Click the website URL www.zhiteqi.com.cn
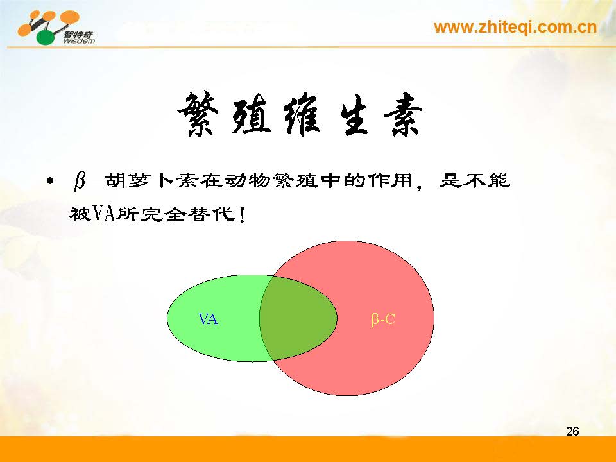(x=515, y=28)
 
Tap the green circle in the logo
(x=46, y=37)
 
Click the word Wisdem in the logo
(x=78, y=40)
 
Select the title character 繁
(x=199, y=114)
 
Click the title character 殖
(x=252, y=114)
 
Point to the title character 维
(x=302, y=114)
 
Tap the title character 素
(x=403, y=114)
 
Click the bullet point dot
(x=49, y=181)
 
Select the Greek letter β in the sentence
(x=80, y=181)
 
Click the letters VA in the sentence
(x=104, y=214)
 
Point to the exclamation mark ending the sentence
(x=242, y=215)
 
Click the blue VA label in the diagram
(x=208, y=319)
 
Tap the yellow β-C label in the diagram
(x=383, y=319)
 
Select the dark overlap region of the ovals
(x=298, y=318)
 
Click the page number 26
(x=572, y=431)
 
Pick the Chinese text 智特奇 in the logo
(x=78, y=34)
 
